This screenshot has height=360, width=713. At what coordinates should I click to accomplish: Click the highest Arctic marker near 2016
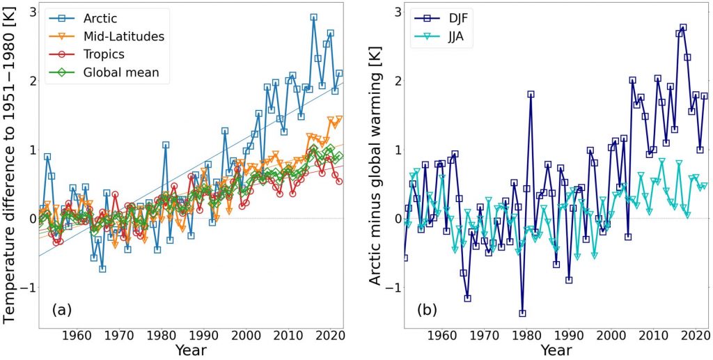pos(313,17)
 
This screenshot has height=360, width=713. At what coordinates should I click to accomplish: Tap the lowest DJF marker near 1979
pos(522,313)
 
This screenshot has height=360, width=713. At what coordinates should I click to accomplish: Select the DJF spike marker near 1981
pos(531,94)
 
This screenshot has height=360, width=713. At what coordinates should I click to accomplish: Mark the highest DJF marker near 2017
pos(683,28)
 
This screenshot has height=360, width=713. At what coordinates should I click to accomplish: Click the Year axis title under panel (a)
pos(190,350)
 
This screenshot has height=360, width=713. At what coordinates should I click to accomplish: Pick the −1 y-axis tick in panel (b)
pos(390,287)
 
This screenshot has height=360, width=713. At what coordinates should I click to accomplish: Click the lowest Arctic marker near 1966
pos(102,269)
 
